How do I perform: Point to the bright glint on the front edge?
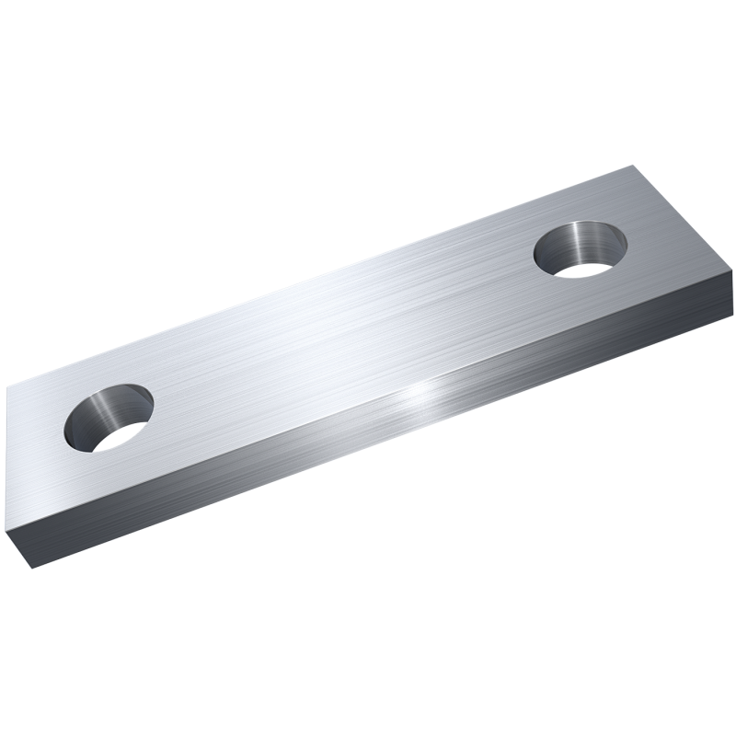tap(424, 394)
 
